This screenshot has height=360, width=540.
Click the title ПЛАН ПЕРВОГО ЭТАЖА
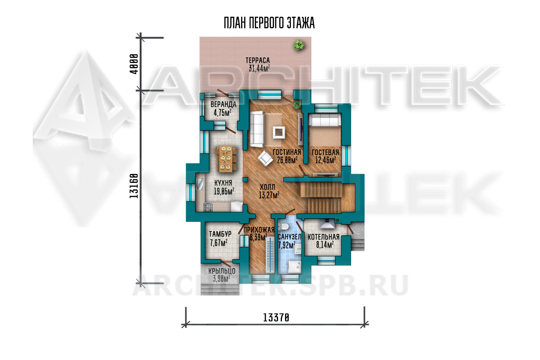pos(269,23)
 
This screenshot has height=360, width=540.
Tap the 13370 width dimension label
pos(276,318)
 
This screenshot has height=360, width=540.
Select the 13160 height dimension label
pos(134,186)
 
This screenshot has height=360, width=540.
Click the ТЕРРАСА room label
pos(258,60)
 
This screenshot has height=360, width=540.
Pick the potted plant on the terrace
pos(299,45)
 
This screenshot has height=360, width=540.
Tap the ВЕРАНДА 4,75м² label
pos(223,108)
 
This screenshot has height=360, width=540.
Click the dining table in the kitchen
pos(225,159)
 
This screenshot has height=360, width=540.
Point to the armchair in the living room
pos(265,158)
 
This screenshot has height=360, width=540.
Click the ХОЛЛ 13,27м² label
pos(269,191)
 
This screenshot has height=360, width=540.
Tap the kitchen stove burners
pos(208,207)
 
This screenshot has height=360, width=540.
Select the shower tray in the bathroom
pos(294,267)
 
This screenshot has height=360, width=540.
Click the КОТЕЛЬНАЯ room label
pos(324,237)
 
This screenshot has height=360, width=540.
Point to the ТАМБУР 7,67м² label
pos(220,239)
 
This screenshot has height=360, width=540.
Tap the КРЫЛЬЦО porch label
pos(222,271)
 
